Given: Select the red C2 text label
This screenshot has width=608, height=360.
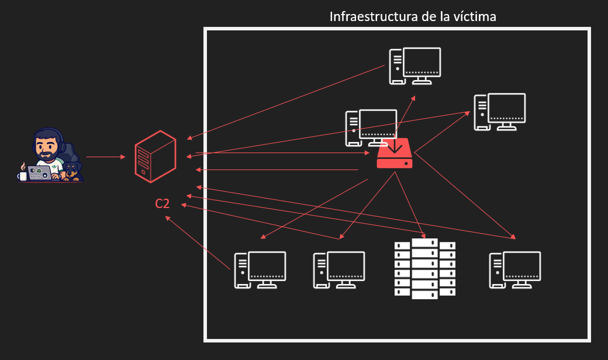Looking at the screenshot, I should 163,204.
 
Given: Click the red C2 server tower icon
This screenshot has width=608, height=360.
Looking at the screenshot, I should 155,155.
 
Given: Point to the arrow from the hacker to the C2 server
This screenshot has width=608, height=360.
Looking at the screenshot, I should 105,157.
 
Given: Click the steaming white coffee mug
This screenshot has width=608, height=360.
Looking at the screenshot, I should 23,175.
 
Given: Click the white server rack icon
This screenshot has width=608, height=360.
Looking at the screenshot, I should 424,269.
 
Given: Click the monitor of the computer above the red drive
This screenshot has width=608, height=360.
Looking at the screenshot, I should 422,63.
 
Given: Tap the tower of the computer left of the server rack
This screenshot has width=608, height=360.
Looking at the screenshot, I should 320,271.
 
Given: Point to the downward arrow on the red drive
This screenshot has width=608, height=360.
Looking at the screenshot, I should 395,144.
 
